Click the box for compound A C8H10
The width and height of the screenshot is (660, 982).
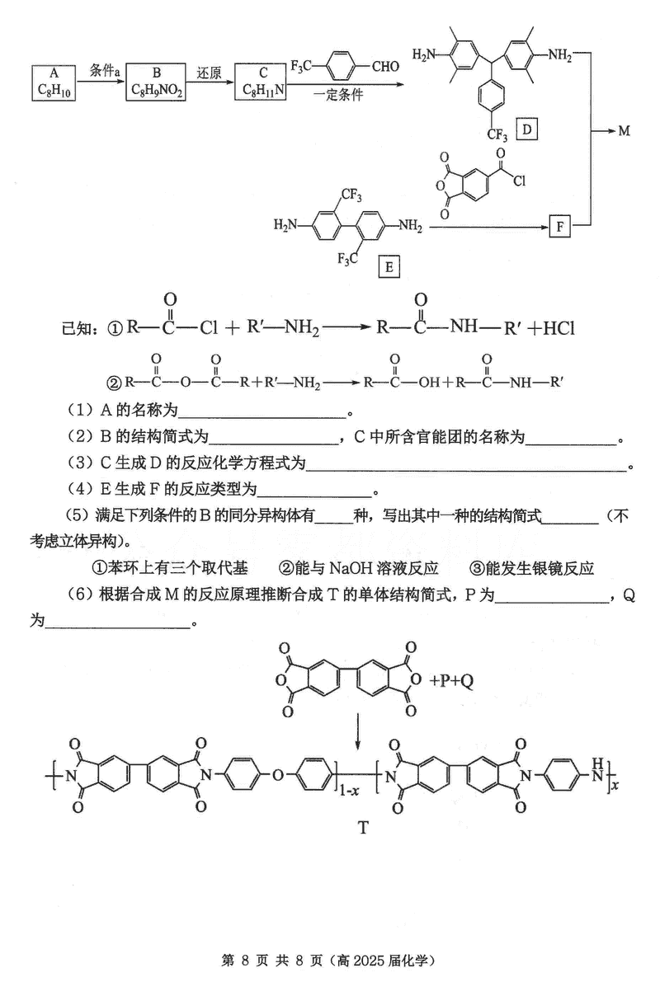coord(55,82)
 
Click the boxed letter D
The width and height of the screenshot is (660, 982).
coord(526,129)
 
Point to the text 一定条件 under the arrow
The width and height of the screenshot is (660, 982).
coord(338,96)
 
